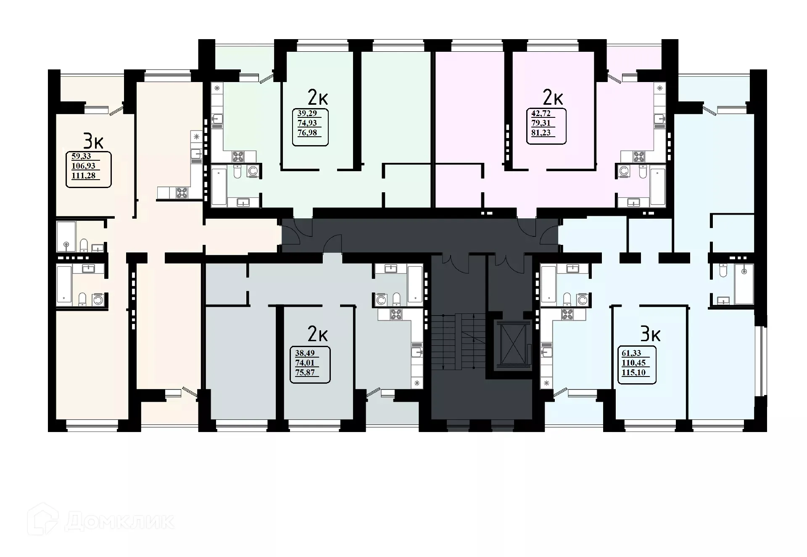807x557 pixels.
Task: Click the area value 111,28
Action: click(84, 176)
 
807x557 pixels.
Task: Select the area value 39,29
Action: click(307, 113)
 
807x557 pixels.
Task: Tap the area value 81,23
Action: click(541, 132)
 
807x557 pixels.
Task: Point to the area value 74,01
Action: click(304, 363)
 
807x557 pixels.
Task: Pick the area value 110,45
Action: click(633, 363)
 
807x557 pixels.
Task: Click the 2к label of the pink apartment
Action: click(553, 98)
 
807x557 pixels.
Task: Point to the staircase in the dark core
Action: click(458, 341)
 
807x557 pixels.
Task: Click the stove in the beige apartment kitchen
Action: click(182, 193)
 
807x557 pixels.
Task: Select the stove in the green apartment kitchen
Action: click(238, 157)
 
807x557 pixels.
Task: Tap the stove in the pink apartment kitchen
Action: click(639, 157)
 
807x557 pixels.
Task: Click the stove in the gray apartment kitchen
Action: click(396, 314)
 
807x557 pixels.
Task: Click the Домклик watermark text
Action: click(120, 522)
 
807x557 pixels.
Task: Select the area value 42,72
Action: click(541, 114)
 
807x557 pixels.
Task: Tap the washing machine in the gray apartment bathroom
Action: click(381, 300)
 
